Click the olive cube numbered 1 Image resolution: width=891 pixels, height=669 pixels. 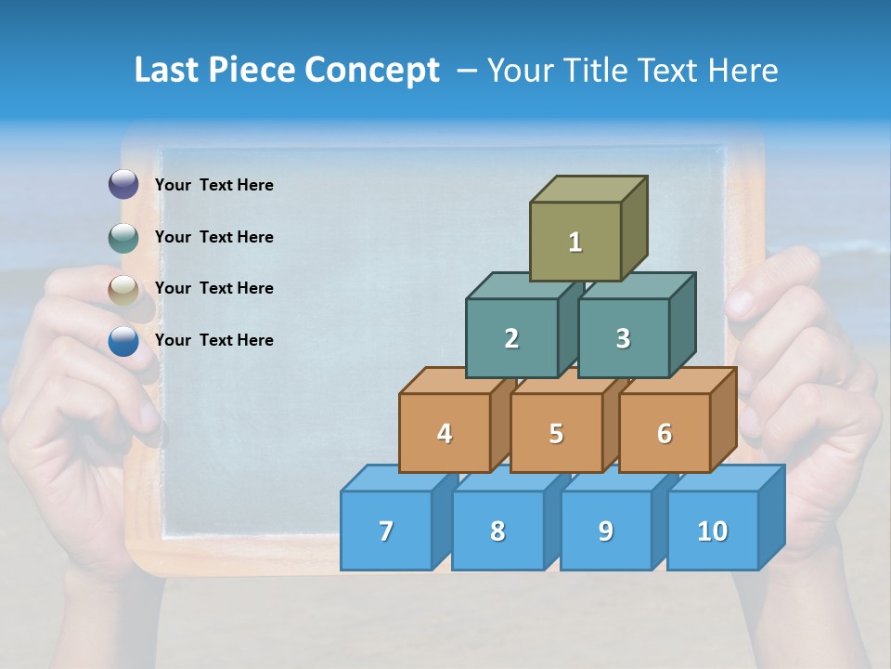point(575,242)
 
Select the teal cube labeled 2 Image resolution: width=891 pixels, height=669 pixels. point(511,338)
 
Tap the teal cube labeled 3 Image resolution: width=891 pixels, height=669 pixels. point(623,338)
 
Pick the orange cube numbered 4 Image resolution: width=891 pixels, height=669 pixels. point(445,433)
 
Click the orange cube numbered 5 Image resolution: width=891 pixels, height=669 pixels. point(556,433)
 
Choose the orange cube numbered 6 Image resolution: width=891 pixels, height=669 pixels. point(665,433)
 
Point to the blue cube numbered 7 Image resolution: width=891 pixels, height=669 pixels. point(386,531)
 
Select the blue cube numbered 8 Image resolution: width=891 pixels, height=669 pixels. point(497,531)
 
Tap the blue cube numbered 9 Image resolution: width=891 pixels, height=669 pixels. point(606,531)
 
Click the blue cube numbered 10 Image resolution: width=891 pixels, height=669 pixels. point(713,531)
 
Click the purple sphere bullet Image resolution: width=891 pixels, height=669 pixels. point(123,185)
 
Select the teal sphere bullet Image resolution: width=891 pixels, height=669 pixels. point(123,237)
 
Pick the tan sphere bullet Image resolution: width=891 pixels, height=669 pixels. point(123,289)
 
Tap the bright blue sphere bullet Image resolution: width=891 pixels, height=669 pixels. point(123,341)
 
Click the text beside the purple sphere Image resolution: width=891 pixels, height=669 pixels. point(214,185)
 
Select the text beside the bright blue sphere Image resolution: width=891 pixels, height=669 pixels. point(214,340)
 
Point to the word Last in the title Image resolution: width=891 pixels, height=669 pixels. point(168,70)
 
